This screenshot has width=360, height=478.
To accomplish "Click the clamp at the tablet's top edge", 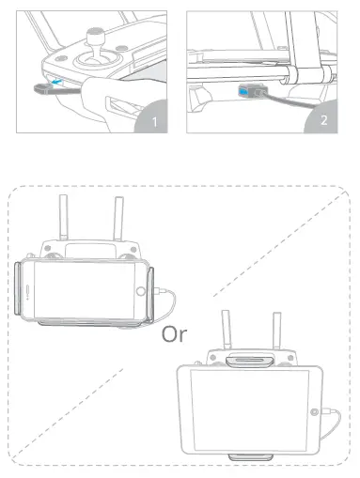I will (250, 361).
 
